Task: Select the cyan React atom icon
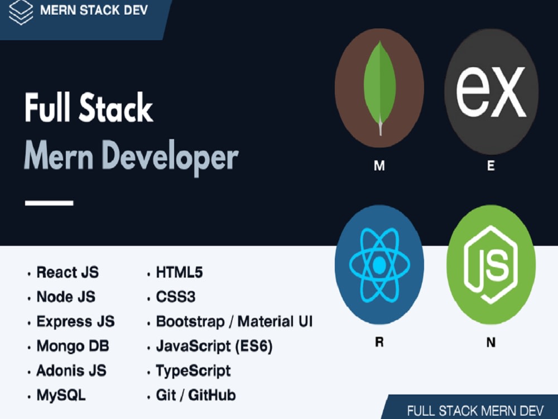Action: coord(379,264)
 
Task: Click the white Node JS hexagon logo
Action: coord(491,264)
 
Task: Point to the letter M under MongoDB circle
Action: coord(379,166)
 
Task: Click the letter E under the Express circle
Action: coord(491,166)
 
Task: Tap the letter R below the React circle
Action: coord(379,342)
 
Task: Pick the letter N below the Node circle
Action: coord(491,342)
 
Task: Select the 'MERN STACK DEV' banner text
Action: coord(94,10)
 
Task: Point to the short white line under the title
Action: coord(49,203)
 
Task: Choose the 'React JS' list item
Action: coord(68,272)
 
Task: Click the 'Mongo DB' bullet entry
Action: coord(73,346)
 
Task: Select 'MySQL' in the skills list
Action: coord(61,395)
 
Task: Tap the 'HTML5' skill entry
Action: coord(179,272)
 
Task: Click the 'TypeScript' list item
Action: coord(194,371)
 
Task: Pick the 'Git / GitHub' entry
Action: coord(196,395)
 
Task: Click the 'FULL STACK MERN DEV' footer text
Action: coord(475,411)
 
